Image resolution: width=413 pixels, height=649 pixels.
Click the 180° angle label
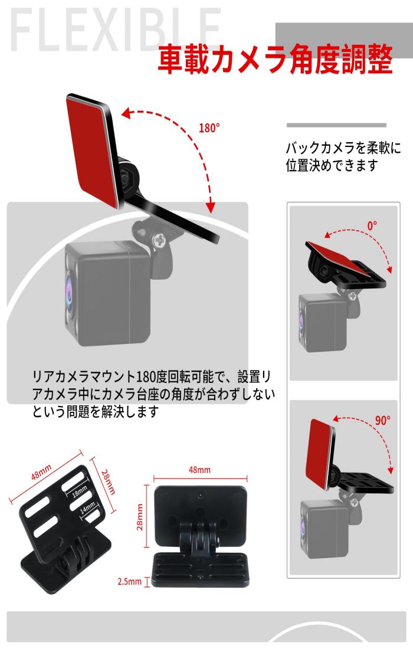(x=209, y=128)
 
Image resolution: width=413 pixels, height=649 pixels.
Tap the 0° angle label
(x=372, y=225)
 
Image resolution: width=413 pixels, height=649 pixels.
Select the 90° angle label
(x=382, y=421)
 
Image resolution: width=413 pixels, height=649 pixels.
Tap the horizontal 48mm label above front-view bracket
(x=199, y=470)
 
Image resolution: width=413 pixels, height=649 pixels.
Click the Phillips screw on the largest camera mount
(x=159, y=239)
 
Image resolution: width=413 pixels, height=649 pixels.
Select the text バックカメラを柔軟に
(x=343, y=147)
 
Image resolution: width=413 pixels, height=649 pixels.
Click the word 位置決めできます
(x=331, y=165)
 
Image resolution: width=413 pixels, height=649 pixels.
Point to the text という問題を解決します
(x=95, y=411)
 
